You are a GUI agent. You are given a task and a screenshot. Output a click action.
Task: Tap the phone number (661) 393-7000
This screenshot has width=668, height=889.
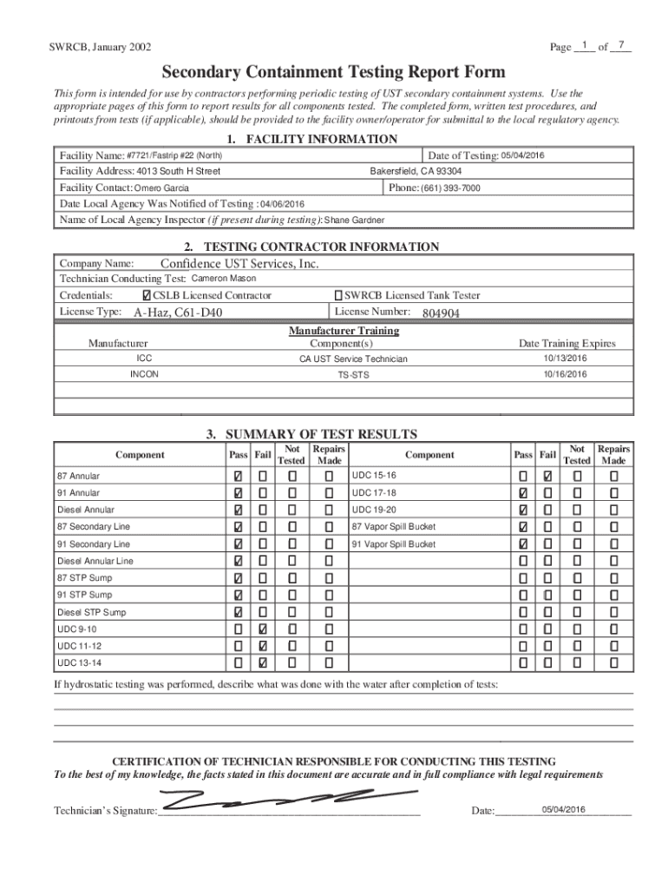pos(450,188)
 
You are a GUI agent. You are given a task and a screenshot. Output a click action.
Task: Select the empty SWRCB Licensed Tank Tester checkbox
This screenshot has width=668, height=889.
pos(339,296)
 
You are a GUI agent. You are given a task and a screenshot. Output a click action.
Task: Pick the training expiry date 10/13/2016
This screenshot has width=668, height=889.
pos(566,358)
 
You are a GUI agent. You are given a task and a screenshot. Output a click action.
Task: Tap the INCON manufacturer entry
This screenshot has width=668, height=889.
pos(144,374)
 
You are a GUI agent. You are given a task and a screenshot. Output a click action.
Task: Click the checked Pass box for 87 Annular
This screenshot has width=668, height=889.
pos(238,477)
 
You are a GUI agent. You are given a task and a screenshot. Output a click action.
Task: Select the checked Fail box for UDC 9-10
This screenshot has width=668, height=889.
pos(263,629)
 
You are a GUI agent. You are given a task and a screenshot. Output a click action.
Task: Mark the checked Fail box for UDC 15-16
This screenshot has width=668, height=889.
pos(547,477)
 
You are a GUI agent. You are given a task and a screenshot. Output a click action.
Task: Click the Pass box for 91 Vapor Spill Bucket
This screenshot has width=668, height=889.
pos(523,544)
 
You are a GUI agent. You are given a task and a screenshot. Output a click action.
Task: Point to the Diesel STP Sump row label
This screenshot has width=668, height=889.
pos(91,612)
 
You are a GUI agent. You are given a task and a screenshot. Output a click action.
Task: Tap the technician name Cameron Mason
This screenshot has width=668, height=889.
pos(223,279)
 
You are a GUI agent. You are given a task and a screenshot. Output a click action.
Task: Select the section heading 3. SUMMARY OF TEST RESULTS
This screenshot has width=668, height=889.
pos(321,434)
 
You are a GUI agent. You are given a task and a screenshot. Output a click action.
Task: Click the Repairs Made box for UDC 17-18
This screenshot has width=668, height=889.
pos(613,493)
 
